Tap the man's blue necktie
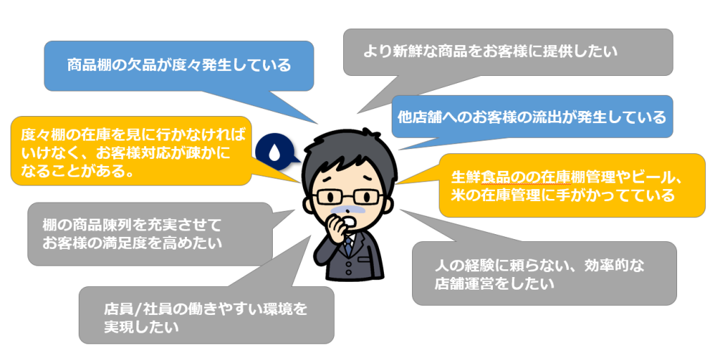click(x=349, y=245)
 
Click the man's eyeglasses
click(x=349, y=198)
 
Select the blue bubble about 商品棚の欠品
click(x=179, y=65)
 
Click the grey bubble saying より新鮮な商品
click(x=508, y=52)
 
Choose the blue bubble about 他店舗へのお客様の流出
click(x=532, y=117)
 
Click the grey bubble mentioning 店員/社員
click(x=206, y=315)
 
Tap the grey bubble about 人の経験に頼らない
click(x=544, y=273)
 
